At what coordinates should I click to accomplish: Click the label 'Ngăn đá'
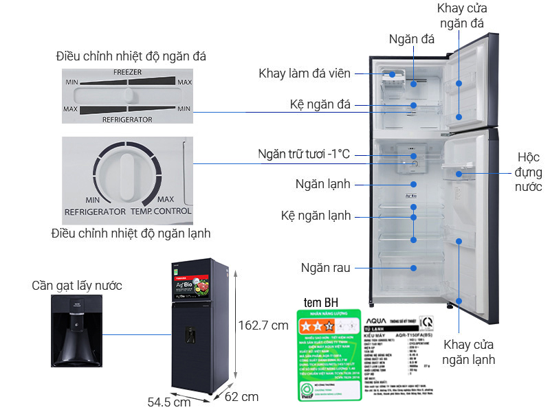pos(411,39)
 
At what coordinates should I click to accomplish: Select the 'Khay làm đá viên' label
pos(305,73)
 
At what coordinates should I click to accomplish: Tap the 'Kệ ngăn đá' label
pos(320,104)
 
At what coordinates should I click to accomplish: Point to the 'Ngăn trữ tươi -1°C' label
pos(304,154)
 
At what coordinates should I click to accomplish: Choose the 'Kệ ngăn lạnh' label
pos(316,216)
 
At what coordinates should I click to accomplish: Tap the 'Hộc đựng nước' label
pos(527,170)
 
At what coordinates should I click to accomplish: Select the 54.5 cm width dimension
pos(168,402)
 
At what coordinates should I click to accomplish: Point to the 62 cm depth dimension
pos(241,396)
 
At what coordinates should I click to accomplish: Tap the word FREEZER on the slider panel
pos(128,71)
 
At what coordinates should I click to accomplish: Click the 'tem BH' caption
pos(320,303)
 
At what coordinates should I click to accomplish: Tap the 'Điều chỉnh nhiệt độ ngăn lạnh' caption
pos(131,233)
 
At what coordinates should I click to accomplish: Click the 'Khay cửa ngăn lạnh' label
pos(468,351)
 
